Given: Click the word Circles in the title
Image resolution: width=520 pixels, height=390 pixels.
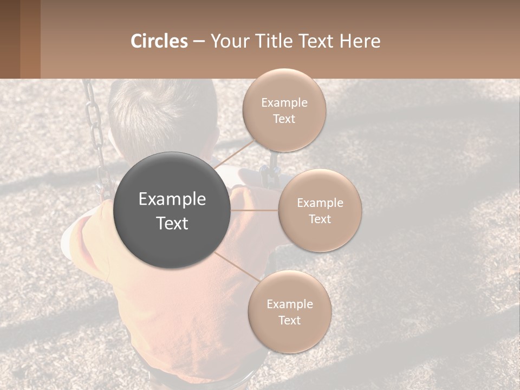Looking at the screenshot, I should (159, 41).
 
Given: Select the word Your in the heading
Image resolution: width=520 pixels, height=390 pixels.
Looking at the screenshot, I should (229, 41).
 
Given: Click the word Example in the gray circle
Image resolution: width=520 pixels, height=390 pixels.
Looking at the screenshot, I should (172, 199).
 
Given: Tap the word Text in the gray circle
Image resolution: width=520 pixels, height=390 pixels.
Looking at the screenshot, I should (172, 223).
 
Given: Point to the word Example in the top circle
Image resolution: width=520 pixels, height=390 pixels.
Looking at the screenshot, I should (284, 103).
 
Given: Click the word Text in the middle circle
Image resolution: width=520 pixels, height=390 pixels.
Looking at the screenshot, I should (320, 219).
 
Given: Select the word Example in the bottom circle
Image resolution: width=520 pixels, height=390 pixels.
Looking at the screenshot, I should (289, 304).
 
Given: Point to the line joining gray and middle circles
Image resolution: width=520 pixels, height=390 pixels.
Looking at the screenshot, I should (255, 210).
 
